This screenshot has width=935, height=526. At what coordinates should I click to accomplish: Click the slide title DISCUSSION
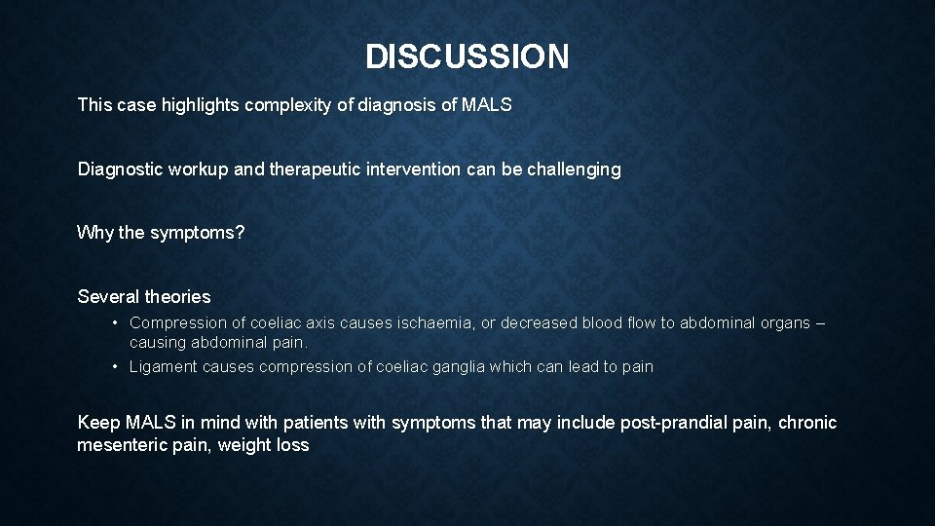click(467, 56)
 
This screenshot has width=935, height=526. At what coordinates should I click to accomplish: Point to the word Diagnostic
click(120, 169)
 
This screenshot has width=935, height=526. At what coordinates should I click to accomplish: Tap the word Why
click(95, 234)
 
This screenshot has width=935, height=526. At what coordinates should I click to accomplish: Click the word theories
click(177, 297)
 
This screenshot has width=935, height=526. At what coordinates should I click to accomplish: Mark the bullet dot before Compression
click(115, 322)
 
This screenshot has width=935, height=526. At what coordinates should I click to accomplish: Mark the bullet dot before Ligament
click(115, 367)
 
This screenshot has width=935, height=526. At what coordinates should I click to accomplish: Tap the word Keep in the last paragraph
click(99, 423)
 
